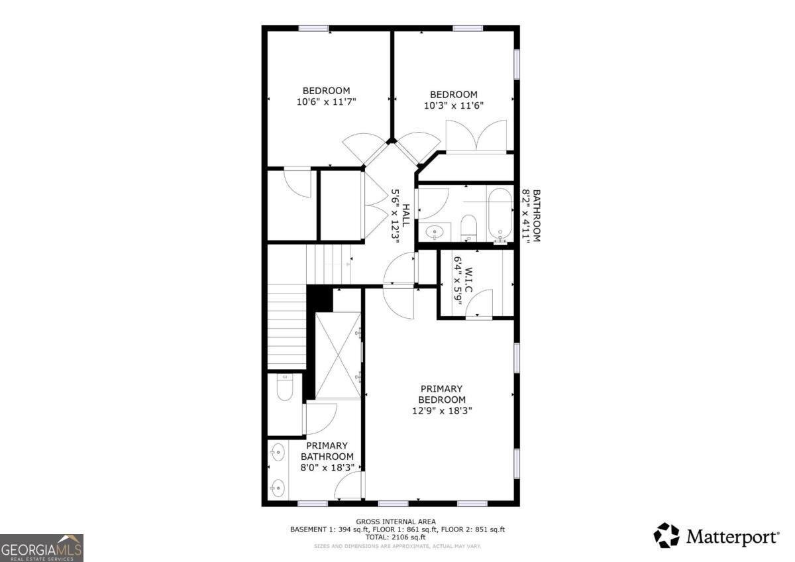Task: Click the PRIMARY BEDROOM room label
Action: point(441,394)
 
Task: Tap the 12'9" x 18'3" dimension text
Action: point(442,411)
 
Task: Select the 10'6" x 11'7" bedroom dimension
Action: point(327,102)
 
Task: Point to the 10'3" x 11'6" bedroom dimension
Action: point(454,105)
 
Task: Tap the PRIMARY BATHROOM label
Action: point(327,451)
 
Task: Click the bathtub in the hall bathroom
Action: point(500,214)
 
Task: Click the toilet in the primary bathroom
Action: point(285,387)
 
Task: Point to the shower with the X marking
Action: point(338,356)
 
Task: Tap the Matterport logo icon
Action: point(666,535)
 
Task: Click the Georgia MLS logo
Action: point(42,548)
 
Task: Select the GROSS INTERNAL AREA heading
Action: point(396,522)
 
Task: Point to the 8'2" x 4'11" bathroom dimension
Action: point(527,216)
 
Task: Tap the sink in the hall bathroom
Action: point(435,232)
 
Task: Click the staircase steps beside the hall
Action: point(287,325)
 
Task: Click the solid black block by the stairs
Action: point(321,298)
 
